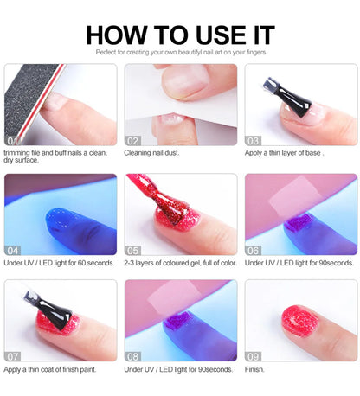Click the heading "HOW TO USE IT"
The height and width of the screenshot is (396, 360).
coord(180,35)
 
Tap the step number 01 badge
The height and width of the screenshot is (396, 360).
coord(13,140)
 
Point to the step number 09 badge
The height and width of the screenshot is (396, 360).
coord(253,356)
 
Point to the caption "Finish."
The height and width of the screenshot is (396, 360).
coord(255,370)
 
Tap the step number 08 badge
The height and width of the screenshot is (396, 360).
coord(132,356)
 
